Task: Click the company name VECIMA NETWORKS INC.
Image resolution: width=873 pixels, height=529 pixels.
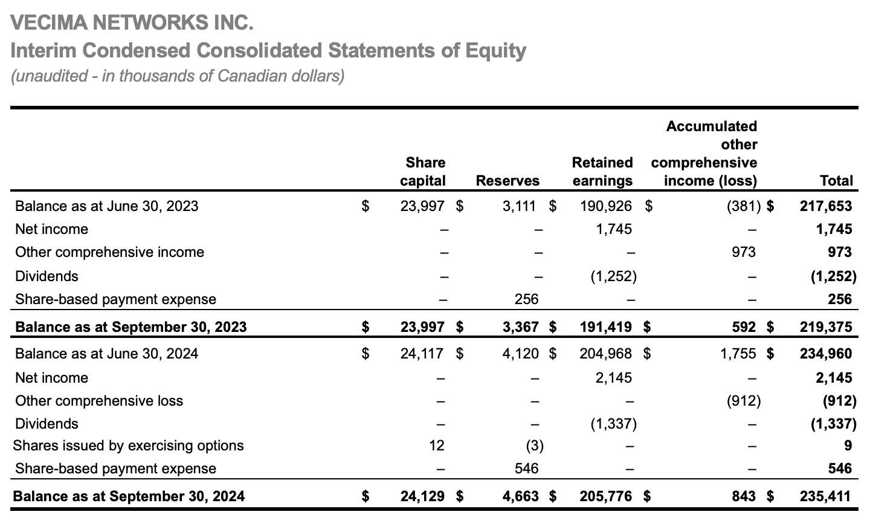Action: point(132,23)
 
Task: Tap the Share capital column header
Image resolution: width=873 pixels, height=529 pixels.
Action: point(425,172)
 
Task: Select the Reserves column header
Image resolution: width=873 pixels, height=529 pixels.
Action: point(507,181)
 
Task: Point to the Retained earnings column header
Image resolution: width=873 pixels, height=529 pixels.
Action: point(602,172)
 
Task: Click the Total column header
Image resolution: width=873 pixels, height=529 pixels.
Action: point(836,181)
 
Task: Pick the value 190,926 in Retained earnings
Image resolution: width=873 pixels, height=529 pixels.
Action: point(606,206)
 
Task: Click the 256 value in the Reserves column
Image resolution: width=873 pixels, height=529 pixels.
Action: point(526,299)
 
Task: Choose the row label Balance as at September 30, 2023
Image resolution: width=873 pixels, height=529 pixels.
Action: point(130,327)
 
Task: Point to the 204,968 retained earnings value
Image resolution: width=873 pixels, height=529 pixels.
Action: point(606,353)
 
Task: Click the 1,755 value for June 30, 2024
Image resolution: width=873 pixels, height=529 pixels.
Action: point(738,353)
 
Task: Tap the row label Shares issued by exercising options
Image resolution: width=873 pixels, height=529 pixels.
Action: point(129,446)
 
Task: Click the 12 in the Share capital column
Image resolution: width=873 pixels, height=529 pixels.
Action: point(436,446)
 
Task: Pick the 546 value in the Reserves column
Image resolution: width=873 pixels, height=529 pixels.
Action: point(526,469)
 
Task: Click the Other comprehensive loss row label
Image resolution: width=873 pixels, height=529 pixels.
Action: point(99,401)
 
